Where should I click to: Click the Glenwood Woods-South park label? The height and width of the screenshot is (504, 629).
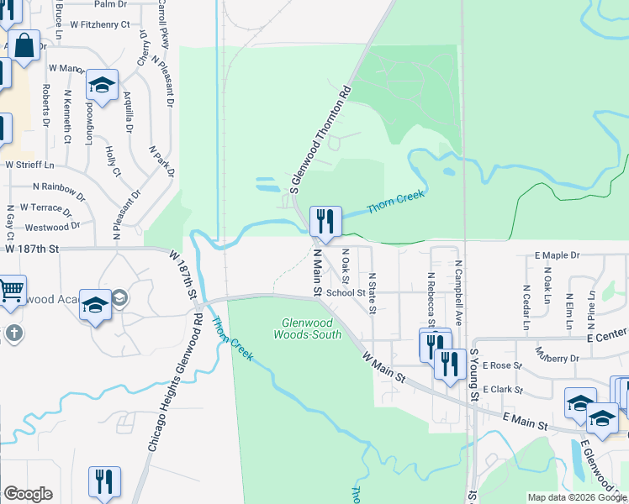click(x=308, y=328)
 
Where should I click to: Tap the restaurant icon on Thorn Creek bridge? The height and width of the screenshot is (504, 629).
click(x=325, y=221)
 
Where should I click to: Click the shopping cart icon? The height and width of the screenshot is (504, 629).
click(x=11, y=290)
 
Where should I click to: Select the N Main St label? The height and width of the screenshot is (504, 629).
click(x=318, y=271)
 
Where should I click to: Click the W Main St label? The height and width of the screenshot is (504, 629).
click(x=384, y=370)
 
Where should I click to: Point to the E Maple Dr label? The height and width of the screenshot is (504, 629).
click(x=557, y=255)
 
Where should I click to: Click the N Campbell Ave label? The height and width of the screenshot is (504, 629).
click(x=459, y=292)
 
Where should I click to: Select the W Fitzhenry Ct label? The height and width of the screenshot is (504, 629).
click(x=99, y=24)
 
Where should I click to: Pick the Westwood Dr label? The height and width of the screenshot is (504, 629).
click(x=52, y=227)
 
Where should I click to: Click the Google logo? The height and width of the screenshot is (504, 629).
click(x=28, y=494)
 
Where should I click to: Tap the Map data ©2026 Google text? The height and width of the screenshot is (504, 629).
click(x=576, y=497)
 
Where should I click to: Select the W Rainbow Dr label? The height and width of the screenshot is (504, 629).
click(x=56, y=186)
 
